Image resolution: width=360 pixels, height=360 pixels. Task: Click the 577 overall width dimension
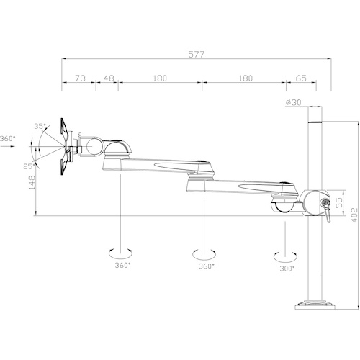coord(196,55)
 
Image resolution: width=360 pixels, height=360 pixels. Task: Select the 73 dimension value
coord(81,78)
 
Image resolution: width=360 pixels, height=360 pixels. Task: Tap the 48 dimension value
coord(109,78)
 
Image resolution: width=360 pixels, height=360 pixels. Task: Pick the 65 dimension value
coord(301,78)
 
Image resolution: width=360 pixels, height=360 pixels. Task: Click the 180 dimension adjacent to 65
coord(246,78)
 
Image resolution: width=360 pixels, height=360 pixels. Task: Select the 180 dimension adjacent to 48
coord(160,78)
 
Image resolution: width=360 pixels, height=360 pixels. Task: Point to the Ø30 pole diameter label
coord(293,102)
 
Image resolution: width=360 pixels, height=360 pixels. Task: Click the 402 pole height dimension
coord(354,215)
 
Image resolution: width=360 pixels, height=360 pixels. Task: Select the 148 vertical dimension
coord(32,182)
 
